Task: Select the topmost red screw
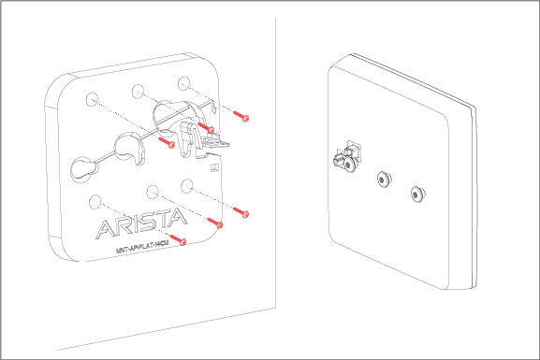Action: pos(243,118)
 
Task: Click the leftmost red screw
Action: pos(169,144)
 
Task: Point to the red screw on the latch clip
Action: pos(211,128)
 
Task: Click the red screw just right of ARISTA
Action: pos(219,223)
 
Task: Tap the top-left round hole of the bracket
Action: pos(92,99)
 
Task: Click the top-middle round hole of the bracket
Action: pos(139,92)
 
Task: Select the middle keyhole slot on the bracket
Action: pos(124,145)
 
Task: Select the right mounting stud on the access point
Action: pos(417,194)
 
